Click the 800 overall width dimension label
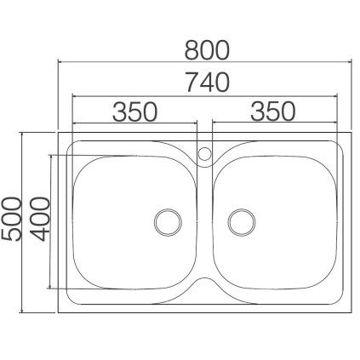point(207,50)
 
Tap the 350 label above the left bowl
point(136,111)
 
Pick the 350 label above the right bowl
point(273,111)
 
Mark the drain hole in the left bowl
point(167,221)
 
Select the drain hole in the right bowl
point(242,221)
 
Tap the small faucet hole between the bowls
point(204,154)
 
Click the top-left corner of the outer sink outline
point(60,133)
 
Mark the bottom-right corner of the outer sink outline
point(351,311)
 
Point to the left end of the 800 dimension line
point(59,63)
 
